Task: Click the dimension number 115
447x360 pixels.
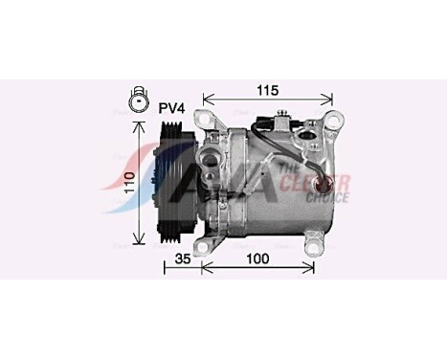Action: tap(267, 90)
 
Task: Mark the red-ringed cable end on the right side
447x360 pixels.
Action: tap(333, 182)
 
